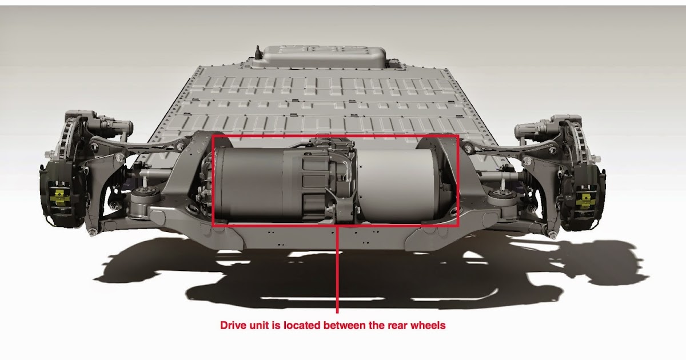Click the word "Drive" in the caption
(x=234, y=326)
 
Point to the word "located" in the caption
(x=300, y=326)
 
